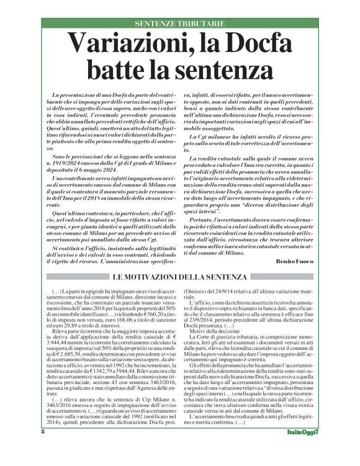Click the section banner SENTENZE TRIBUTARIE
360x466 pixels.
pyautogui.click(x=179, y=24)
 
